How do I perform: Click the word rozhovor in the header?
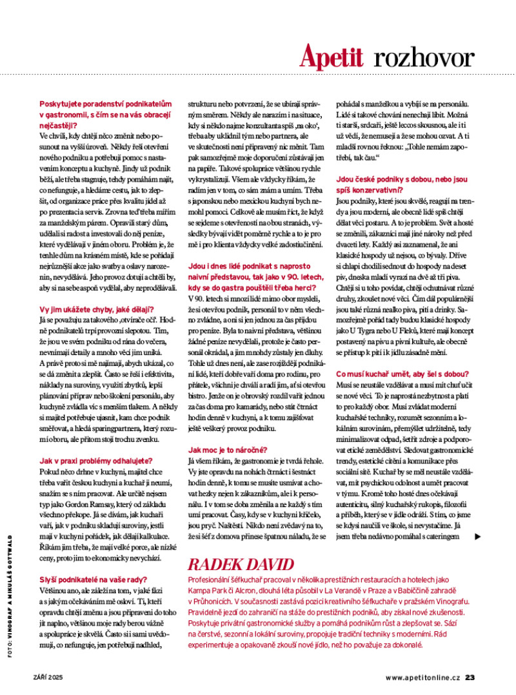[x=423, y=57]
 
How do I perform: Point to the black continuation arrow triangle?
[x=477, y=536]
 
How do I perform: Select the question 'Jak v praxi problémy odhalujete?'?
[x=95, y=461]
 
